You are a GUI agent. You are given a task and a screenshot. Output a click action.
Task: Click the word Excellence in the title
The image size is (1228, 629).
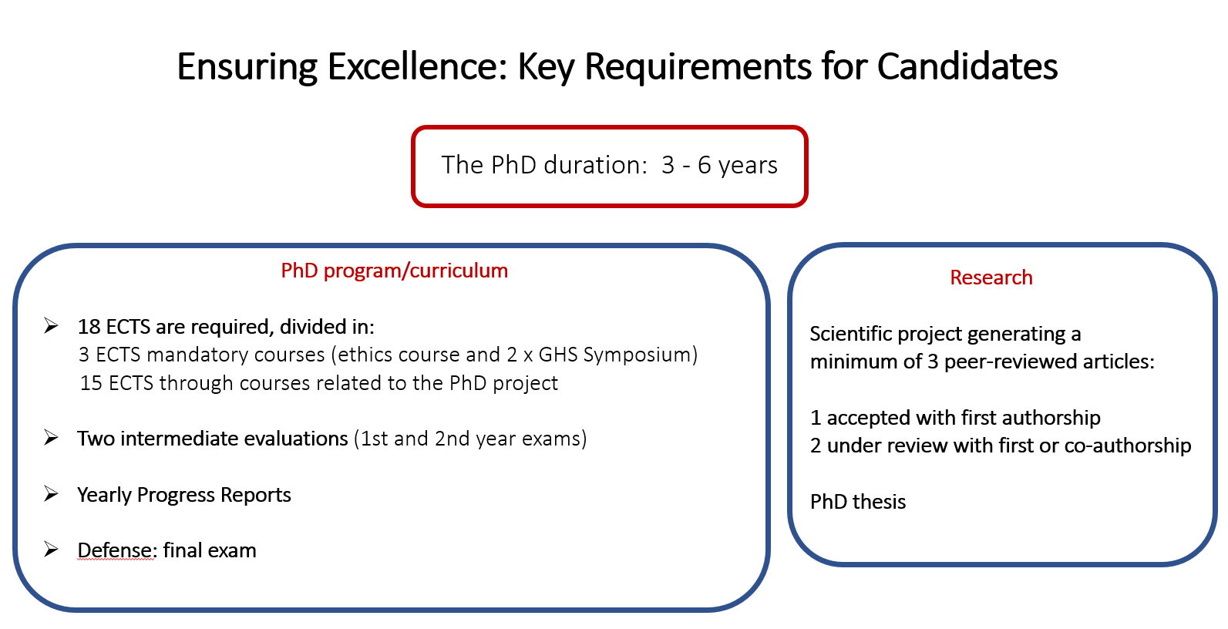click(x=417, y=66)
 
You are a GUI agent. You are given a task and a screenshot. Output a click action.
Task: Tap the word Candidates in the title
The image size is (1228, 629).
click(x=967, y=66)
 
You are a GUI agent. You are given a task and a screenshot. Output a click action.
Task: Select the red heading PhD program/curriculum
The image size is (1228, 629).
click(x=394, y=271)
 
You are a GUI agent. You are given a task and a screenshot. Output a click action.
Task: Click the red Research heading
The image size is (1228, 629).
click(x=991, y=277)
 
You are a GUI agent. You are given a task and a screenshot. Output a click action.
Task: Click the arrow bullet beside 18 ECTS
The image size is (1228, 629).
click(x=51, y=326)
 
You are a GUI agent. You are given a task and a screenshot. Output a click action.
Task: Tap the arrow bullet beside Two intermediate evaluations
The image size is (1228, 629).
click(x=51, y=438)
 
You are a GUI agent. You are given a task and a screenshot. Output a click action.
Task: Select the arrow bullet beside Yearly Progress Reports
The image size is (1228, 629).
click(x=51, y=493)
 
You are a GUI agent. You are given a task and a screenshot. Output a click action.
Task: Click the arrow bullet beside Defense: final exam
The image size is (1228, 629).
click(x=51, y=549)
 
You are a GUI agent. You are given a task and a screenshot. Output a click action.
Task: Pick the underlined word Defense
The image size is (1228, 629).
click(x=116, y=550)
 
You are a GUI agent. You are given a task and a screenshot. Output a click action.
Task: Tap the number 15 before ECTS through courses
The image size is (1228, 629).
click(x=91, y=383)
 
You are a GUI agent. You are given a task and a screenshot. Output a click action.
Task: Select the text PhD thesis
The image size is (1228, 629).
click(x=858, y=502)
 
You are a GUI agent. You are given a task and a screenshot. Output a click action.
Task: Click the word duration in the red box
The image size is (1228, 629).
click(x=595, y=165)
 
